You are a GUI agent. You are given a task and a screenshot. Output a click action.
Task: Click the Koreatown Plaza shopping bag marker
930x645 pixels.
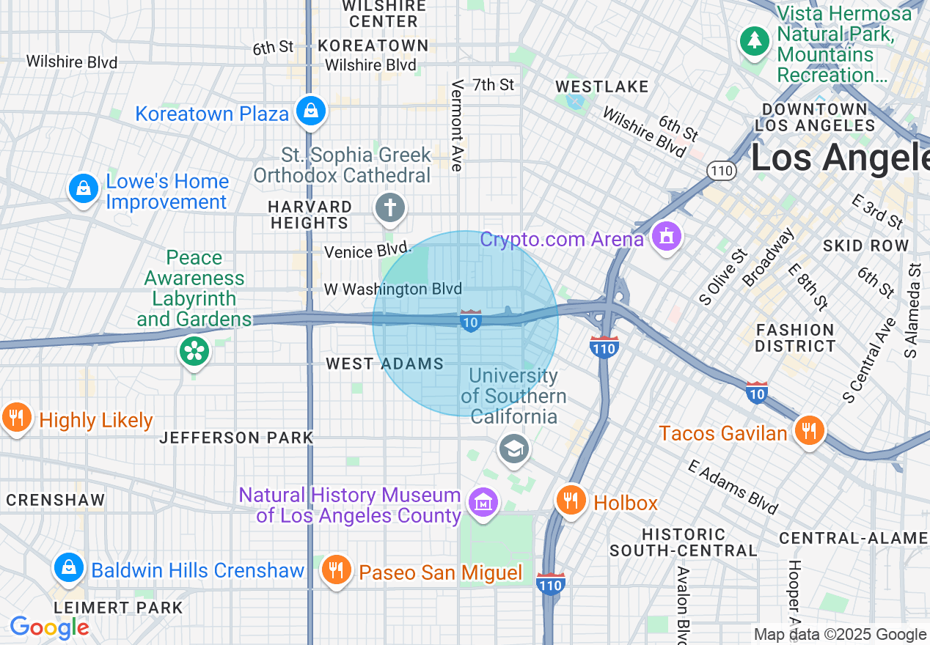pos(311,111)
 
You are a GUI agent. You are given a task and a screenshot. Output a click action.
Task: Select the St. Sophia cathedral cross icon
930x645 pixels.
pos(389,208)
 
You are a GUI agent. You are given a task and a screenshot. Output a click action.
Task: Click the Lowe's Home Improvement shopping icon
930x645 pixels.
pos(84,189)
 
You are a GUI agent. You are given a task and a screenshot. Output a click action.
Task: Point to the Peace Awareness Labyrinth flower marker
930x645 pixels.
pos(194,351)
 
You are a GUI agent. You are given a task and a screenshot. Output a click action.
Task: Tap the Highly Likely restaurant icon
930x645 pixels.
pos(16,418)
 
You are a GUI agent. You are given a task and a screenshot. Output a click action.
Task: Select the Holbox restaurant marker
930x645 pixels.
pos(571,501)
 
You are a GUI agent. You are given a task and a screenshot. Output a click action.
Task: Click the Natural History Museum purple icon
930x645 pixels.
pos(483,503)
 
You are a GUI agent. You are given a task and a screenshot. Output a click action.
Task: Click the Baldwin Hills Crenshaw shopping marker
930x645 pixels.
pos(68,568)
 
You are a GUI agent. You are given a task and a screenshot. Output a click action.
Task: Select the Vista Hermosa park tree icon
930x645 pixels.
pos(754,40)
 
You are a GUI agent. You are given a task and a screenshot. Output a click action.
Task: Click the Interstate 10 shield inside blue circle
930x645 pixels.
pos(470,321)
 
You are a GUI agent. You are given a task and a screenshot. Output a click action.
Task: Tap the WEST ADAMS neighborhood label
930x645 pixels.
pos(384,364)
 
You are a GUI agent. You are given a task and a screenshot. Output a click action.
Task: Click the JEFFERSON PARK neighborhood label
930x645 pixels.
pos(236,438)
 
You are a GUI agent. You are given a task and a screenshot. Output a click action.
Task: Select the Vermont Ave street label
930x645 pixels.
pos(458,125)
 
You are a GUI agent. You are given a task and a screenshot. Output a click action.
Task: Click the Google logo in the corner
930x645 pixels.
pos(49,627)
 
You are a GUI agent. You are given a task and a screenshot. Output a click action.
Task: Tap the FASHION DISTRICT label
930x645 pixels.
pos(795,338)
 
